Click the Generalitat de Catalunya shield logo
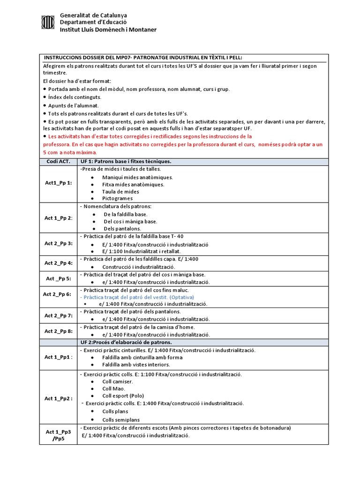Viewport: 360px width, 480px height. pos(48,22)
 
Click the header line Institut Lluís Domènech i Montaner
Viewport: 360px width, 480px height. pos(108,30)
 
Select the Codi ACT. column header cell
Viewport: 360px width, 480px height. pos(58,161)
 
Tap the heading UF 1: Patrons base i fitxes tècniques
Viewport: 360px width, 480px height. pos(126,161)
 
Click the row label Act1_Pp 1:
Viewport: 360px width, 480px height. pos(58,183)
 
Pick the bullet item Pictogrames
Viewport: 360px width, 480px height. pos(117,198)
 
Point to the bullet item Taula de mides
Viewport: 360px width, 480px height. pos(120,191)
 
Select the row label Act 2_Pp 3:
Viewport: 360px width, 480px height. pos(58,243)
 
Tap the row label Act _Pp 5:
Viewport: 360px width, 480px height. pos(58,278)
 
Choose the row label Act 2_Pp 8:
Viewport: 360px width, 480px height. pos(58,331)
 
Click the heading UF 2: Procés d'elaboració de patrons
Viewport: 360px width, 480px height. pos(133,343)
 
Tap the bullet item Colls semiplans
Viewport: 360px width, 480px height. pos(121,420)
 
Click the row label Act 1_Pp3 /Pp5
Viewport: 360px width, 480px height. pos(58,435)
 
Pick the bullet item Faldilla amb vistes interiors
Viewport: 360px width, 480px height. pos(136,364)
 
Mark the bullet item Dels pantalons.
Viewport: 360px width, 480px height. pos(122,228)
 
